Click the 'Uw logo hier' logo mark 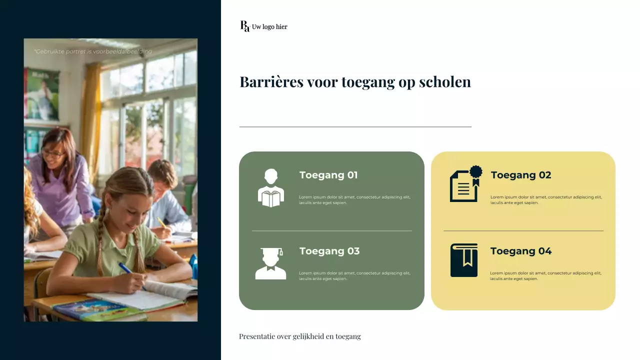click(x=245, y=26)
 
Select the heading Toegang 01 click(x=328, y=175)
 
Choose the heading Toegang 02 click(x=521, y=175)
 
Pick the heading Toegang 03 click(x=329, y=251)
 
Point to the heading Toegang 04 click(x=521, y=251)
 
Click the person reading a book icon click(x=271, y=188)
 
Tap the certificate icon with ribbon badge click(x=466, y=184)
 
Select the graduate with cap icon click(x=271, y=263)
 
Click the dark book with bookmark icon click(x=464, y=260)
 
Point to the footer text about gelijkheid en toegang click(x=300, y=336)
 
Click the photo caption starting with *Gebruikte click(x=93, y=51)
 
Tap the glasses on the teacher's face click(x=53, y=153)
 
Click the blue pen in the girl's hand click(x=126, y=269)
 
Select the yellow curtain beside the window click(x=91, y=115)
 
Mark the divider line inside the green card click(x=331, y=230)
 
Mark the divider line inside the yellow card click(x=523, y=230)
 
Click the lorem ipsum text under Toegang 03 click(x=354, y=275)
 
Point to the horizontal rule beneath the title click(x=355, y=127)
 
